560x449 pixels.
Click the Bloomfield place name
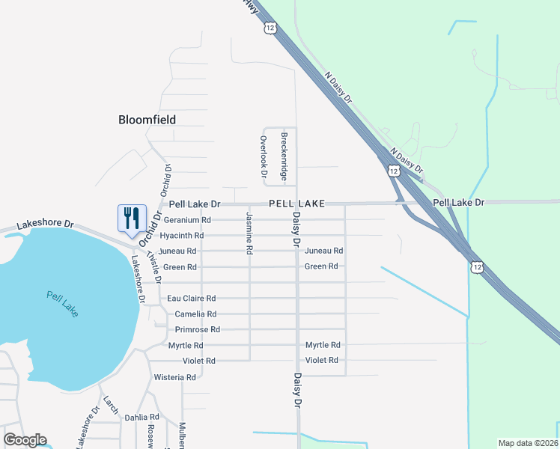coord(147,120)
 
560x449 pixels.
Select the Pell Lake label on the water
coord(62,303)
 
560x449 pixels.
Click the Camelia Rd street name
coord(195,314)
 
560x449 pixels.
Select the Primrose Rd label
coord(197,329)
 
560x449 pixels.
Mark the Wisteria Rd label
coord(174,377)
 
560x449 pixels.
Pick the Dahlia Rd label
coord(142,417)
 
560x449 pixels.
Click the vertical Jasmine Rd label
coord(249,232)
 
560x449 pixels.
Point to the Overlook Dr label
coord(264,156)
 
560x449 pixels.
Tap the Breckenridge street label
coord(284,156)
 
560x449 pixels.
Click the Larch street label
coord(111,404)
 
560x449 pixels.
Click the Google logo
coord(25,440)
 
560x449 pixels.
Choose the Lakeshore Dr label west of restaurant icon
coord(45,224)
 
